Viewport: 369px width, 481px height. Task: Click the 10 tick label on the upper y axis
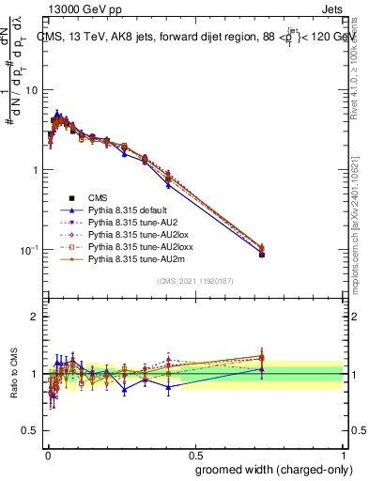click(31, 90)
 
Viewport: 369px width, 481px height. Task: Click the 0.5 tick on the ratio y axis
click(31, 431)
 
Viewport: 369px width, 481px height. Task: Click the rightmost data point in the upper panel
click(262, 254)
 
